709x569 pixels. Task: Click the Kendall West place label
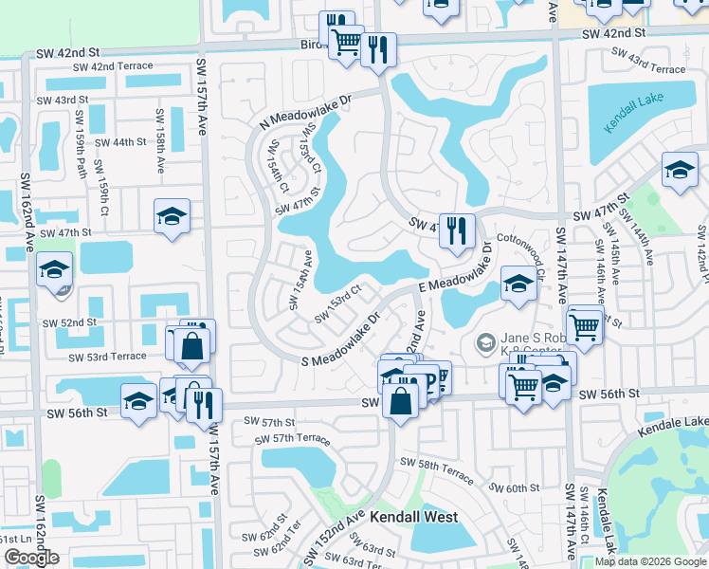click(413, 518)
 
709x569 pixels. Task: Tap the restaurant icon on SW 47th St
click(457, 230)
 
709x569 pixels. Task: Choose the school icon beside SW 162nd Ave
click(55, 270)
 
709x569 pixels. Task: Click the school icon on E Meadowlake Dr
click(518, 284)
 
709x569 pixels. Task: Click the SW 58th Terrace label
click(436, 466)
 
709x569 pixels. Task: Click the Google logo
click(31, 558)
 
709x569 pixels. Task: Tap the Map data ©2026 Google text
click(650, 561)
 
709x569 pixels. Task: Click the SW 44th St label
click(116, 142)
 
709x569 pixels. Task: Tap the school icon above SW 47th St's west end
click(172, 216)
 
